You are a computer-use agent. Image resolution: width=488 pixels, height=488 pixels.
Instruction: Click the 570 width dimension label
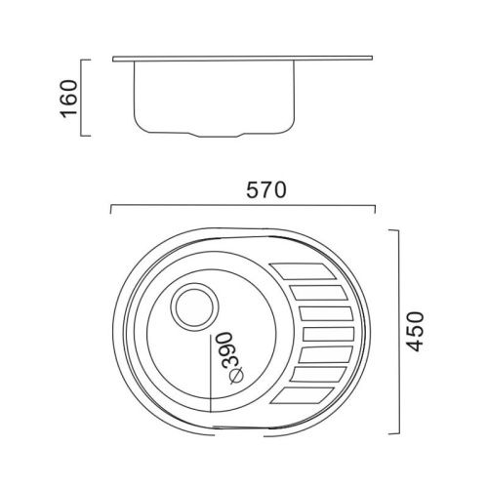(x=266, y=190)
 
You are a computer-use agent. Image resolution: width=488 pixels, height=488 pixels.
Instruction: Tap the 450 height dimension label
(x=416, y=332)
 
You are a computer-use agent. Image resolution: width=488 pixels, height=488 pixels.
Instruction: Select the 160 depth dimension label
(x=69, y=99)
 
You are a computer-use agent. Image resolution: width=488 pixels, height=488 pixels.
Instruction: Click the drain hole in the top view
(x=194, y=307)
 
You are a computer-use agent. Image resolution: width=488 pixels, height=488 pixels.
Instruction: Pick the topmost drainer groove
(x=304, y=271)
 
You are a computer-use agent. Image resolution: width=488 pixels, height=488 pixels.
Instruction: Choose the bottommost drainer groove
(x=303, y=396)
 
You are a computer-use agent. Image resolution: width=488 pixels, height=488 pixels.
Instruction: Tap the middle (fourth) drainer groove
(x=328, y=334)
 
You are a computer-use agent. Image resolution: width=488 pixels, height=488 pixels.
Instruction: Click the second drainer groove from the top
(x=318, y=292)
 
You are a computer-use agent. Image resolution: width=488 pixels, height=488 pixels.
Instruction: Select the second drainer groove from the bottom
(x=318, y=375)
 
